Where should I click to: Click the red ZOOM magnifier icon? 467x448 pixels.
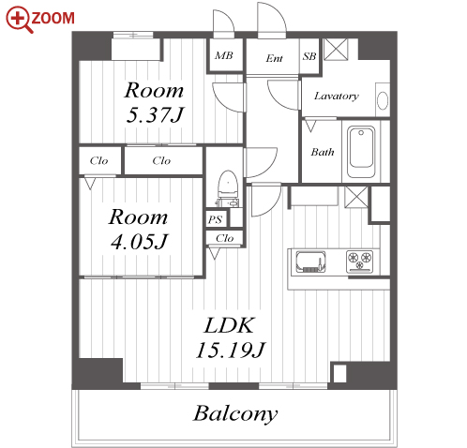pyautogui.click(x=19, y=20)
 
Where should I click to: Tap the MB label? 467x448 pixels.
pyautogui.click(x=224, y=55)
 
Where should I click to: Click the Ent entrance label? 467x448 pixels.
pyautogui.click(x=274, y=58)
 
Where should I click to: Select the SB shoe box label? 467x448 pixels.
pyautogui.click(x=309, y=56)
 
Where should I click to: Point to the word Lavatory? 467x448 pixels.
pyautogui.click(x=337, y=96)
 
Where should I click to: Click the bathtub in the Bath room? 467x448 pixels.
pyautogui.click(x=361, y=152)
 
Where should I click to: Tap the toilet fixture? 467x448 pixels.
pyautogui.click(x=228, y=188)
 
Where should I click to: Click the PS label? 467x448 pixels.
pyautogui.click(x=215, y=219)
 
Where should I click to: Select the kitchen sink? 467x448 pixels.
pyautogui.click(x=310, y=261)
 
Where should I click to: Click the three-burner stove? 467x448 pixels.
pyautogui.click(x=359, y=261)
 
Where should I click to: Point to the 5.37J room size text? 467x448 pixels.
pyautogui.click(x=155, y=114)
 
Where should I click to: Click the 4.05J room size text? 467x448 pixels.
pyautogui.click(x=140, y=242)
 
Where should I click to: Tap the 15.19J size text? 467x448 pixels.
pyautogui.click(x=231, y=350)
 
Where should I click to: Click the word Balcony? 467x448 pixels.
pyautogui.click(x=235, y=413)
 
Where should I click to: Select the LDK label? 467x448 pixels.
pyautogui.click(x=229, y=325)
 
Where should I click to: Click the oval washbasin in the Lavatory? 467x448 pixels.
pyautogui.click(x=383, y=100)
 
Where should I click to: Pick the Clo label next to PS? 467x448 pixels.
pyautogui.click(x=224, y=238)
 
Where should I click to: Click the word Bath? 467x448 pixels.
pyautogui.click(x=323, y=152)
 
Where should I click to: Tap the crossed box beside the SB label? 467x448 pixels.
pyautogui.click(x=336, y=49)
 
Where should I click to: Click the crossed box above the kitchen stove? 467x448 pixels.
pyautogui.click(x=356, y=197)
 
